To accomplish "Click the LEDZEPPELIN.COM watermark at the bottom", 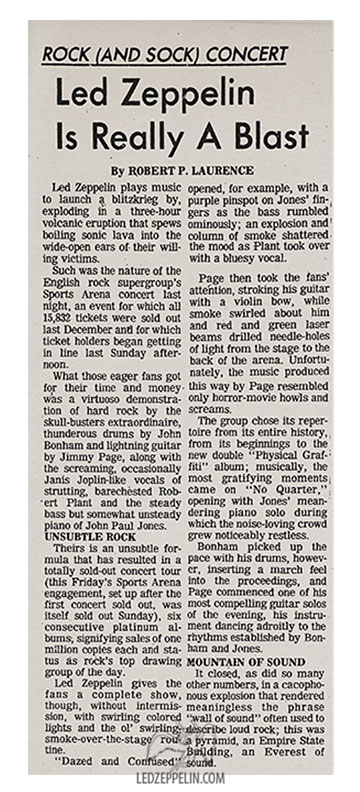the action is (187, 778).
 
